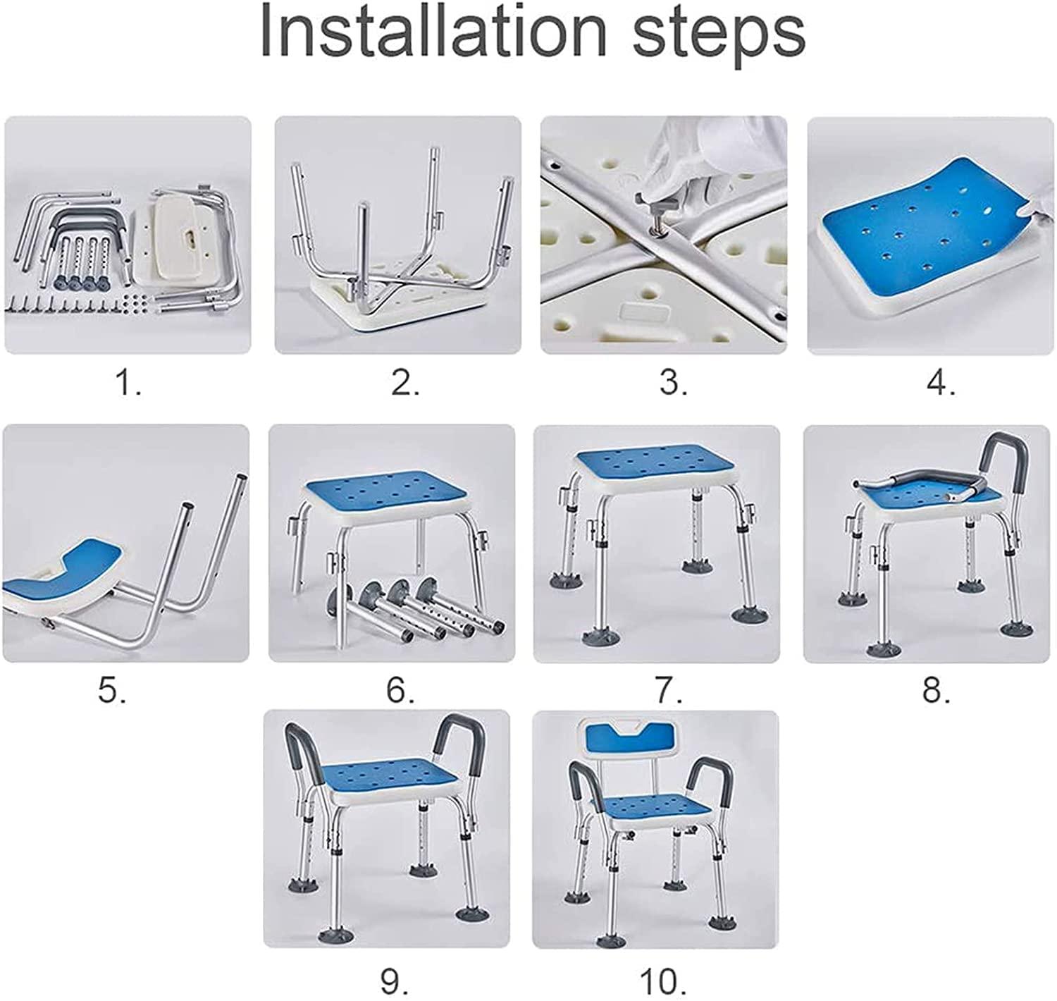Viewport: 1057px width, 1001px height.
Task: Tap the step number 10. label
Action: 663,981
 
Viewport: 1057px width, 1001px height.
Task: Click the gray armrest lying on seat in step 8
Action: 909,486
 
